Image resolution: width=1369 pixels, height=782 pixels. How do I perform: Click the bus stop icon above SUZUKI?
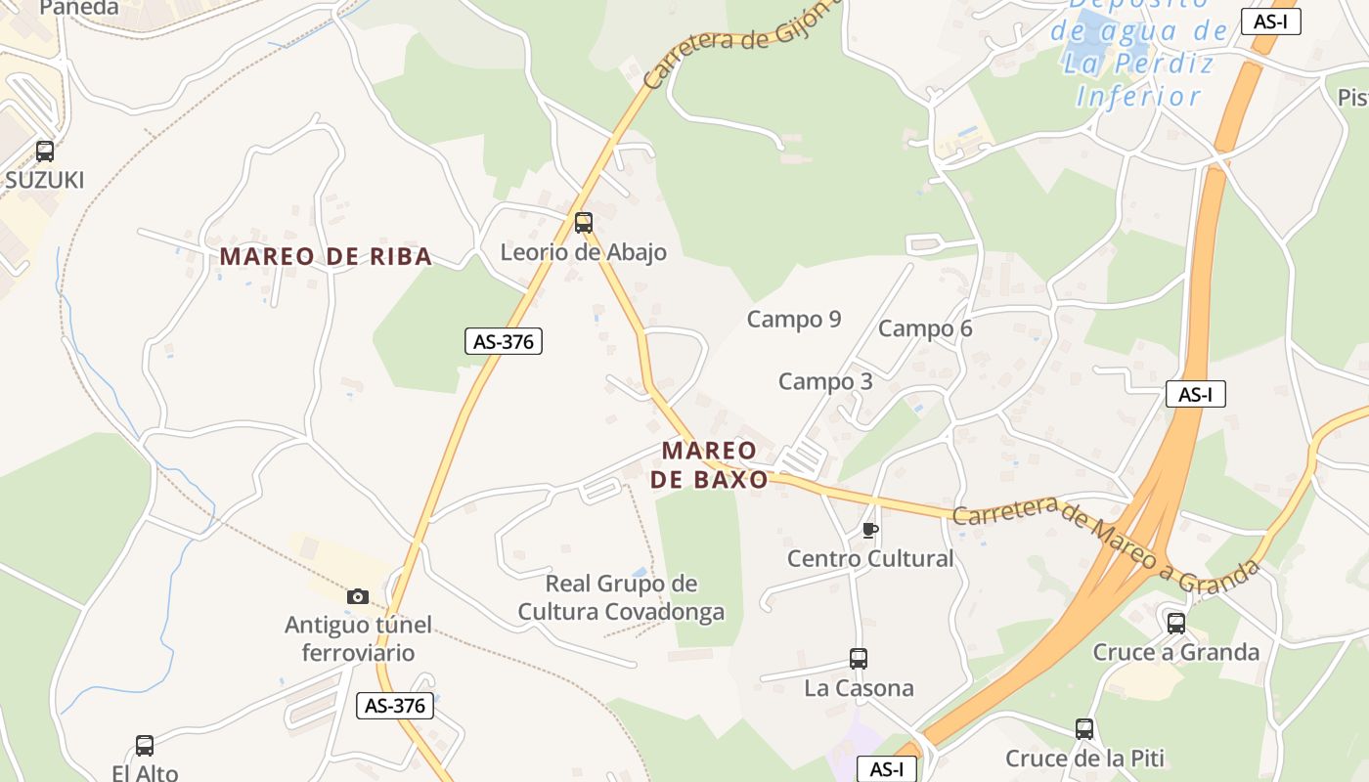pos(45,152)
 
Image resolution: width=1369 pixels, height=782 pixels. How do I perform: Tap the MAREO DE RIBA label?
pos(326,257)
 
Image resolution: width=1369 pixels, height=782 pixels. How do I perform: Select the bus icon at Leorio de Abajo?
pos(584,223)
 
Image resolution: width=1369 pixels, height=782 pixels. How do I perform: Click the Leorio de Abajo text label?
pos(584,252)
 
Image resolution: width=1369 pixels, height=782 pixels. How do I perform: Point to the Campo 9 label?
pos(794,320)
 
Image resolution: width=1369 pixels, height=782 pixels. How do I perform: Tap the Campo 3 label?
pos(825,381)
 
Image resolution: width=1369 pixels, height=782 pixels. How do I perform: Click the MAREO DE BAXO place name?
pos(710,465)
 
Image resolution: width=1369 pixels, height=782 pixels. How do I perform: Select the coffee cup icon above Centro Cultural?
pos(869,530)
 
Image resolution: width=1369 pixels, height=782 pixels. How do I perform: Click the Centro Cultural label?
pos(870,559)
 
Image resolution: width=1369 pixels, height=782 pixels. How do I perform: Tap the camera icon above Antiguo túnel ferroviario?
pos(358,595)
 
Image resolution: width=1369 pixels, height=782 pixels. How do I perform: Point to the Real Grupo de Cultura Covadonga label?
pos(622,598)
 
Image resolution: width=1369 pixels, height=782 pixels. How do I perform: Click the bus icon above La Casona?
pos(859,659)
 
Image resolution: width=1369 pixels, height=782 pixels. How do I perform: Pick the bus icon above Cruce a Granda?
pos(1176,623)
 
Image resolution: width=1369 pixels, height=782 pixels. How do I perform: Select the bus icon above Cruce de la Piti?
pos(1084,729)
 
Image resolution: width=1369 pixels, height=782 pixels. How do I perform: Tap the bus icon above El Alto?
pos(145,746)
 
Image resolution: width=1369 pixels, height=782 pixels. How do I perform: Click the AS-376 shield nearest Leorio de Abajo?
pos(503,341)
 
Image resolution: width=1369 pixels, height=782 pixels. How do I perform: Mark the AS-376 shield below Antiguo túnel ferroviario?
pos(395,706)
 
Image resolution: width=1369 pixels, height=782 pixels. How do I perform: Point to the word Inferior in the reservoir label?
pos(1139,97)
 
